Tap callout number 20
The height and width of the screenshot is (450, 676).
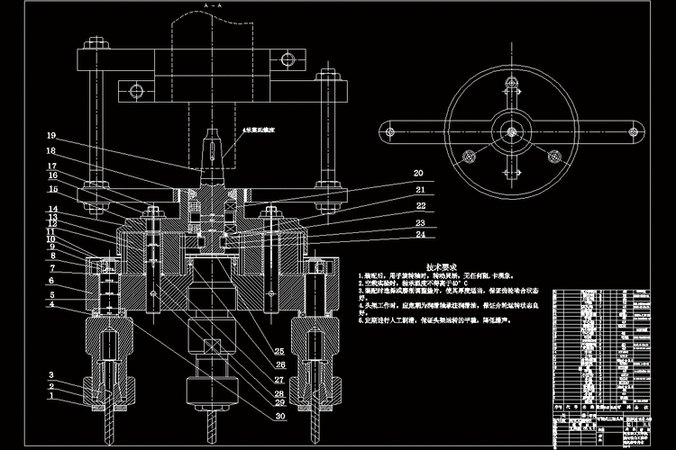[418, 173]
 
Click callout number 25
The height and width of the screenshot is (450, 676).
[280, 350]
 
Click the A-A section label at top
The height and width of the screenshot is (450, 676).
[214, 5]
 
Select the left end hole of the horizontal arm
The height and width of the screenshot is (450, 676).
[390, 128]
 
